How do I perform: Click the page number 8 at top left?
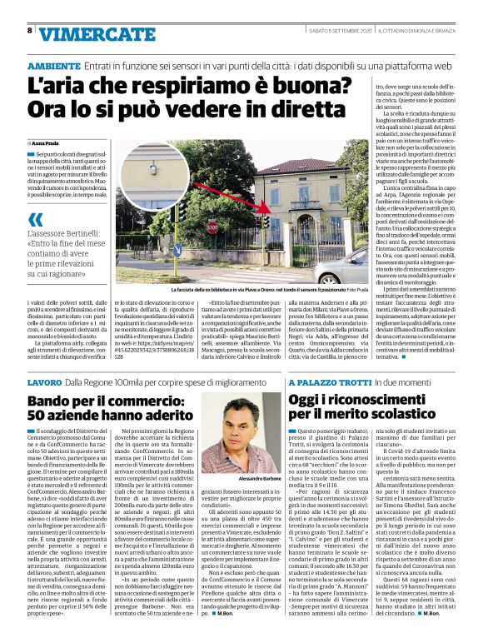coord(29,31)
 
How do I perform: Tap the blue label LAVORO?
coord(43,381)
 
